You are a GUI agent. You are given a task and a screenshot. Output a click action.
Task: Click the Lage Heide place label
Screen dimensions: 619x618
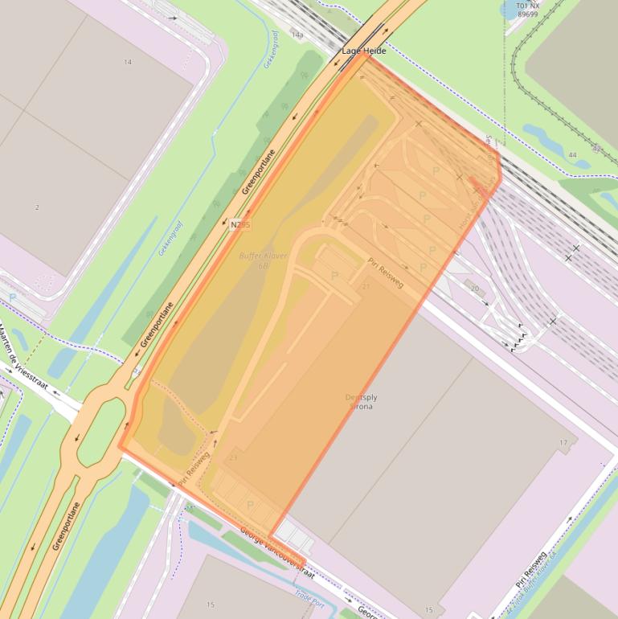[364, 51]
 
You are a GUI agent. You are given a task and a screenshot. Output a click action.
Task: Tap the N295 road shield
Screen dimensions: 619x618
[240, 224]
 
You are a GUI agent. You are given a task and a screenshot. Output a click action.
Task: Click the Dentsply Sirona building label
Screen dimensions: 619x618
[361, 402]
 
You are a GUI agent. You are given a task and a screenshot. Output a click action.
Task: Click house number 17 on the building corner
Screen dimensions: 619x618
[563, 443]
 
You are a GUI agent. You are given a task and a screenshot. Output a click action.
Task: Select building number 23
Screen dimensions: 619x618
[233, 458]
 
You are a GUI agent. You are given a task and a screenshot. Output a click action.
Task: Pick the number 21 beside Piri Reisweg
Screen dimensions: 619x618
[366, 287]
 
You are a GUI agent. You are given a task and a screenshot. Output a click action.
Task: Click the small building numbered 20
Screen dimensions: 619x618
[474, 289]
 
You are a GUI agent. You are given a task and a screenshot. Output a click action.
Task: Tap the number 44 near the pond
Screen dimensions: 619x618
[572, 155]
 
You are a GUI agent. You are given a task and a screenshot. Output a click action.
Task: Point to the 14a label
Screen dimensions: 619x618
[297, 35]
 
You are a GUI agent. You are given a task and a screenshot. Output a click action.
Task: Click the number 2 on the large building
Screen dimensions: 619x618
[37, 207]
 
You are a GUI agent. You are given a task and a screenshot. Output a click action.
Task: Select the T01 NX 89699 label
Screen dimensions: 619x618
[528, 10]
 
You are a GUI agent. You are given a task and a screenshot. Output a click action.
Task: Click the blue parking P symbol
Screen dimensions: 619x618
[12, 297]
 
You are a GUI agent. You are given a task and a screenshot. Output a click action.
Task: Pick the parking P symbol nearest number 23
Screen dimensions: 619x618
[250, 505]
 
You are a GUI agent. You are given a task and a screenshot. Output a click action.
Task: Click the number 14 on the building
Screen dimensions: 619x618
[128, 62]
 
